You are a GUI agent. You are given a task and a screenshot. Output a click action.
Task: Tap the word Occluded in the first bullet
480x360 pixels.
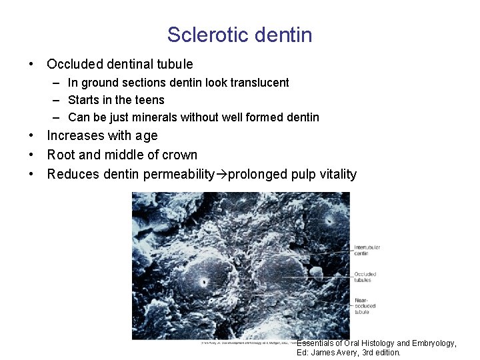pos(75,65)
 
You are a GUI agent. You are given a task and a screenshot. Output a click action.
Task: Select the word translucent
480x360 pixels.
pos(259,83)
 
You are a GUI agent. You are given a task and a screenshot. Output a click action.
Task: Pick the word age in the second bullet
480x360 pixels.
pos(146,136)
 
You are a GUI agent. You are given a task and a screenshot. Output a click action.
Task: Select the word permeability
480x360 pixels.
pos(175,175)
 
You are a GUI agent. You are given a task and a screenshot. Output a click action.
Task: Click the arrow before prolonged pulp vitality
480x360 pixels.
pos(221,175)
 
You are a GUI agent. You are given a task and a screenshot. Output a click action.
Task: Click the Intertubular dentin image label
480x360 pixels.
pos(367,250)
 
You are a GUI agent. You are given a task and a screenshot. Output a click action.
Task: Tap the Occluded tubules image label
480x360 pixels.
pos(365,277)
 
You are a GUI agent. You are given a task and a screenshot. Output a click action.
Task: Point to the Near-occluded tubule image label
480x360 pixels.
pos(365,306)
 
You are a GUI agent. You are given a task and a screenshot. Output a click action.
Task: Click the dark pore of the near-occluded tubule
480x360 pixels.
pos(204,283)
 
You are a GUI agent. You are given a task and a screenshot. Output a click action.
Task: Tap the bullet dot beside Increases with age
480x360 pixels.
pos(31,136)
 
